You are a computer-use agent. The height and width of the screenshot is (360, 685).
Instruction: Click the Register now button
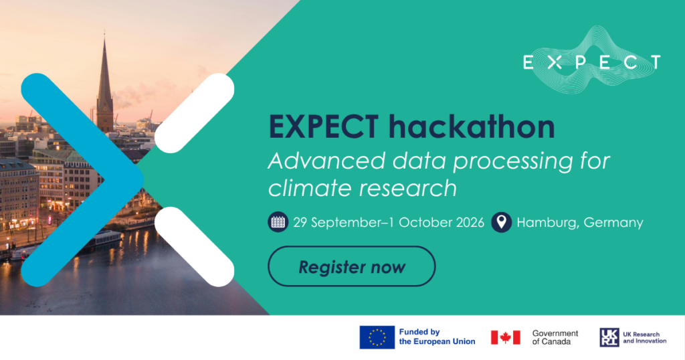click(352, 266)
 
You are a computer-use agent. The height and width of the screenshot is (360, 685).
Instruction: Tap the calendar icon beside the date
click(278, 222)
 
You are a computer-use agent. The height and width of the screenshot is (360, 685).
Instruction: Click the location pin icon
click(502, 222)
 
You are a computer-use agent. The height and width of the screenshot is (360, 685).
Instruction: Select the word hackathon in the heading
click(472, 126)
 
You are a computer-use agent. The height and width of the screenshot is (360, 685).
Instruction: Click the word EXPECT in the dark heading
click(324, 126)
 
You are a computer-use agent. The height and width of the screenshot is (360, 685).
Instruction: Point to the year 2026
click(470, 222)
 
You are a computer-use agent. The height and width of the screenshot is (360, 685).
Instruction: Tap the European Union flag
click(377, 337)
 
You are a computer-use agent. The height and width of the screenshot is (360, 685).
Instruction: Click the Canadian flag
click(506, 337)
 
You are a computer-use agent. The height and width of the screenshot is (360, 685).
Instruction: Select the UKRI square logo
click(609, 337)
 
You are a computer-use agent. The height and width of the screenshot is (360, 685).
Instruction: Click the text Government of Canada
click(555, 337)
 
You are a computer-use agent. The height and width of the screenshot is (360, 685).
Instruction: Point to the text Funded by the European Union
click(437, 337)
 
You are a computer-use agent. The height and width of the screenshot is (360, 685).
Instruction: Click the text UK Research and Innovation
click(645, 337)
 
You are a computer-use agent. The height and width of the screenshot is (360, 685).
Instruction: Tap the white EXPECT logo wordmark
click(592, 62)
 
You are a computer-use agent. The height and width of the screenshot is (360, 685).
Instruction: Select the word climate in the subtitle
click(310, 188)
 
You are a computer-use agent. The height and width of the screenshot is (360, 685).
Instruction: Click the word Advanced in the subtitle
click(326, 161)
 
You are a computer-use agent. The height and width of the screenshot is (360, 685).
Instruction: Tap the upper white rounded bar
click(195, 113)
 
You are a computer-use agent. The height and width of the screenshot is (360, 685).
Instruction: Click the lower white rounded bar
click(195, 247)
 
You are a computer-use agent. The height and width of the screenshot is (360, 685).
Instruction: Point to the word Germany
click(613, 223)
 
